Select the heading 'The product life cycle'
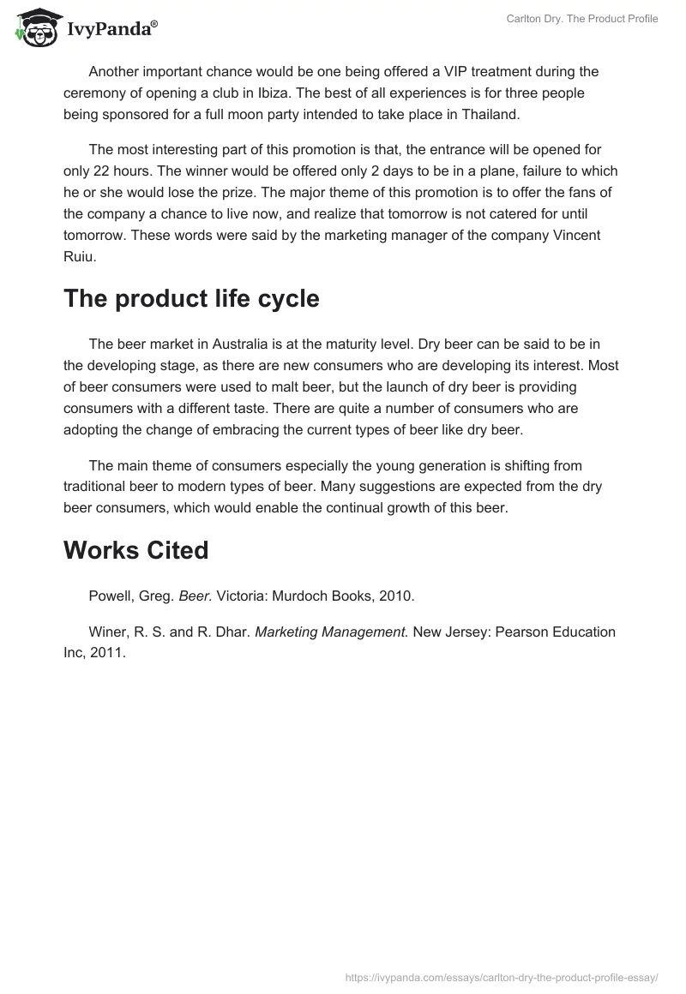tap(191, 299)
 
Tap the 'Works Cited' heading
tap(135, 550)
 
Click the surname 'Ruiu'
tap(80, 256)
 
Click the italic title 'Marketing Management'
tap(330, 632)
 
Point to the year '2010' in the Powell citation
tap(376, 594)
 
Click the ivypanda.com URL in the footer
tap(501, 976)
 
